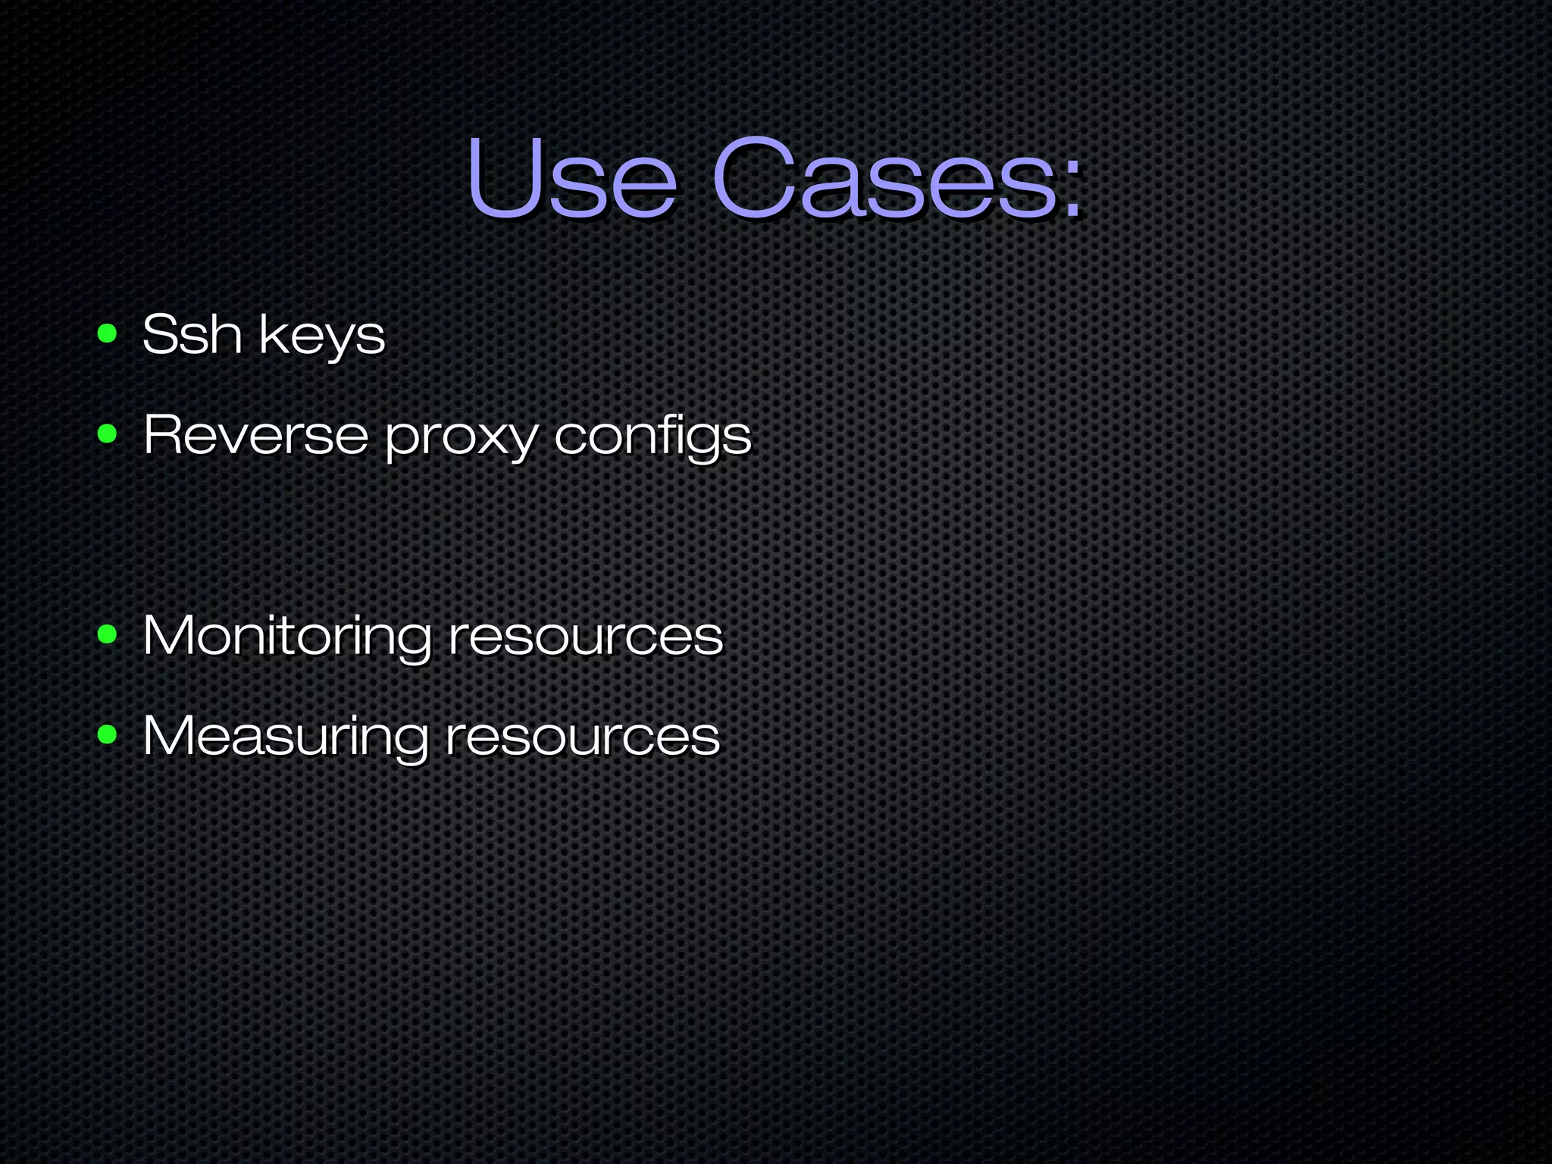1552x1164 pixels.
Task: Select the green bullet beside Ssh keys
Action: (x=107, y=333)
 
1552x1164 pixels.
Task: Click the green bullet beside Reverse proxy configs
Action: (x=107, y=434)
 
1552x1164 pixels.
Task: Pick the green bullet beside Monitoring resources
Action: (x=107, y=635)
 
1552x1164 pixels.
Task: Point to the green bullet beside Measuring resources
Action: (x=107, y=734)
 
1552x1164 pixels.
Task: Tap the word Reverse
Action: (x=255, y=435)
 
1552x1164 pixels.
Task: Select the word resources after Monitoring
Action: (x=585, y=637)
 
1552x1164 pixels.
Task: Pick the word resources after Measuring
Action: (x=582, y=737)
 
